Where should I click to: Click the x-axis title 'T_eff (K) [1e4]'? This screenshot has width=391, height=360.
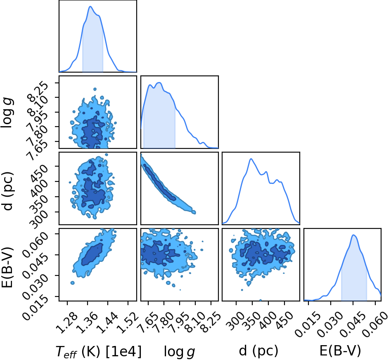(99, 351)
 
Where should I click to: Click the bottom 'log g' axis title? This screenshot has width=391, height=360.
(179, 352)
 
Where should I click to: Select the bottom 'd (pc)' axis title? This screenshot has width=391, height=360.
(258, 351)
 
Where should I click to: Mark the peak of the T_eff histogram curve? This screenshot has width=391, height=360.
(90, 7)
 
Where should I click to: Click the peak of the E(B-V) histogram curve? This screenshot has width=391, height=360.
(353, 235)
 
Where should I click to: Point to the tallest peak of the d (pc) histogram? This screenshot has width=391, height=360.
(251, 159)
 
